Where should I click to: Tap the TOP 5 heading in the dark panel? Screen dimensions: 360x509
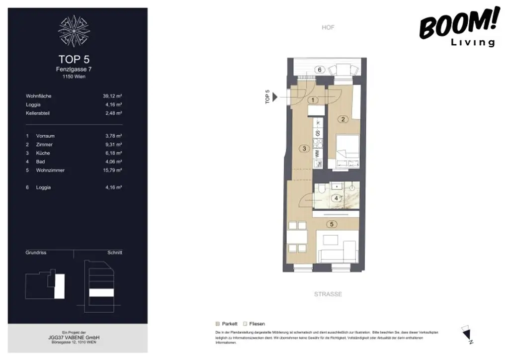pyautogui.click(x=74, y=60)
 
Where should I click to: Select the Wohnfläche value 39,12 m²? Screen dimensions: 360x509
pyautogui.click(x=112, y=96)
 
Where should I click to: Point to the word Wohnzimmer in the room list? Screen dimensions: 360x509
pyautogui.click(x=50, y=170)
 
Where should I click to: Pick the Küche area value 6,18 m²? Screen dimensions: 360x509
pyautogui.click(x=112, y=153)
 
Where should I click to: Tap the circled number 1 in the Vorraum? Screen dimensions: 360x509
pyautogui.click(x=312, y=100)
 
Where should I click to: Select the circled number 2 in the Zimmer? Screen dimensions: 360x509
pyautogui.click(x=342, y=119)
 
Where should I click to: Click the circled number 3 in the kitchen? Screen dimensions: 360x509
pyautogui.click(x=302, y=148)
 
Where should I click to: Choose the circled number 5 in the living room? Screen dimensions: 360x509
pyautogui.click(x=332, y=224)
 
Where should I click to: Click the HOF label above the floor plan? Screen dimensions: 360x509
pyautogui.click(x=328, y=27)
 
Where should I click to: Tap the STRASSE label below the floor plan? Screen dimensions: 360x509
pyautogui.click(x=328, y=294)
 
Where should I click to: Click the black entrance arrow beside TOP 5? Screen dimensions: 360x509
pyautogui.click(x=275, y=97)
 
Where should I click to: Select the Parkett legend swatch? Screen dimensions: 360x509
pyautogui.click(x=218, y=323)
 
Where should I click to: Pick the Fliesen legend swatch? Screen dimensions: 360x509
pyautogui.click(x=245, y=323)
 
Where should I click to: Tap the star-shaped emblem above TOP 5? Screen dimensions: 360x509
pyautogui.click(x=74, y=30)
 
